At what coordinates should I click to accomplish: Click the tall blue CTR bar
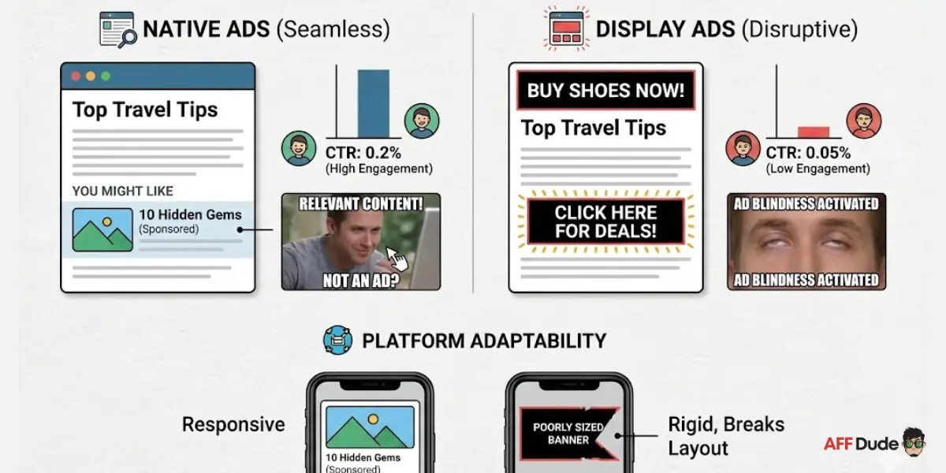373,103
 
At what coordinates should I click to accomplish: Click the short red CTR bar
813,132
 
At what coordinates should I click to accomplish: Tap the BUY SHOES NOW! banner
605,91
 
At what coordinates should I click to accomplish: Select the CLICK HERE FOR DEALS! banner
605,222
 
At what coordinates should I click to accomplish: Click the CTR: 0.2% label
363,153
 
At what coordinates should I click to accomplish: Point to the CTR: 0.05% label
809,153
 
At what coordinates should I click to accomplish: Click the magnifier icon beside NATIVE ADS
117,30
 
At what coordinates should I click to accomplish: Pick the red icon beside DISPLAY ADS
568,28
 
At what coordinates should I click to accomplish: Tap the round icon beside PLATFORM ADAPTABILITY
337,341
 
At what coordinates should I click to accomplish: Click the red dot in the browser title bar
76,76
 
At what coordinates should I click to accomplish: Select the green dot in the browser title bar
106,76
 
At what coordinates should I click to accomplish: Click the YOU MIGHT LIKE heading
122,191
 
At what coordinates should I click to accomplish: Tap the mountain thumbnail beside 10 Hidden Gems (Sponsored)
102,229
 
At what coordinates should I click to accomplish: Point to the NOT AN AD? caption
360,280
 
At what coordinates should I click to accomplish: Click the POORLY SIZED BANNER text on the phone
568,434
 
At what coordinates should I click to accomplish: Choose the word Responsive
233,424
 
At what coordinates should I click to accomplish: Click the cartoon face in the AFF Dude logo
914,442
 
